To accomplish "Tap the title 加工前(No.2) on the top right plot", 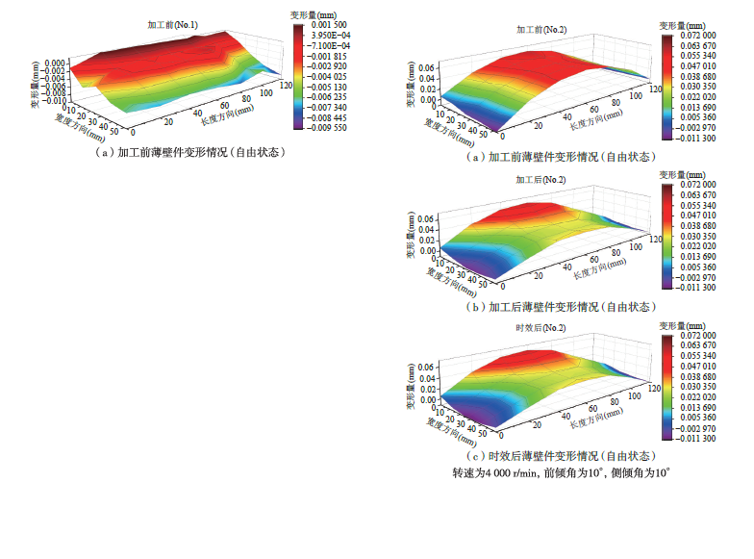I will click(542, 31).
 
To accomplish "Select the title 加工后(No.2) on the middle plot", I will click(542, 181).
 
